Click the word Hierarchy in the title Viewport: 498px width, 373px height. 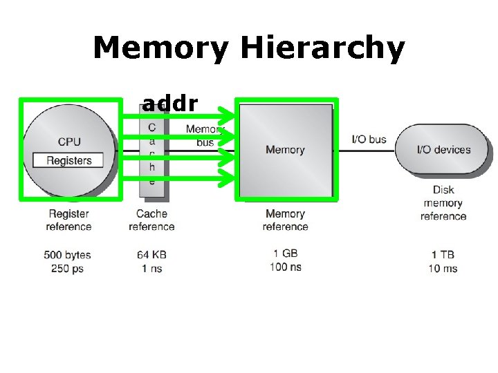(x=322, y=49)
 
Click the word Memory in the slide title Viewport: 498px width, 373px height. (x=160, y=49)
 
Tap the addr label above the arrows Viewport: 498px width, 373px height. (x=169, y=104)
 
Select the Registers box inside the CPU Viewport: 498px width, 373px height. (x=68, y=160)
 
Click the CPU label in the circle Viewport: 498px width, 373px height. (x=69, y=142)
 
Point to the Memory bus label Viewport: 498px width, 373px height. (x=202, y=135)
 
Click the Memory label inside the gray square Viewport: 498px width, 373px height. (x=285, y=150)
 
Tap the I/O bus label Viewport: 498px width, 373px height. (x=369, y=140)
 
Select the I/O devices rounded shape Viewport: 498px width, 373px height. (x=443, y=149)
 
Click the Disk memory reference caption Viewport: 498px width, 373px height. (x=443, y=203)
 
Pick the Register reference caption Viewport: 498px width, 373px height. (x=68, y=220)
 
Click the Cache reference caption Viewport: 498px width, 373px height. (x=151, y=220)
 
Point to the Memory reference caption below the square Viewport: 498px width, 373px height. (x=285, y=220)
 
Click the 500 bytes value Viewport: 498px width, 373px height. (x=68, y=255)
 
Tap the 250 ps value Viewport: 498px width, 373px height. (x=68, y=268)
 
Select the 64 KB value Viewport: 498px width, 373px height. (x=151, y=255)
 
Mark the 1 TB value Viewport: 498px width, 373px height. (x=443, y=255)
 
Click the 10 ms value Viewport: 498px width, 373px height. (x=443, y=268)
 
